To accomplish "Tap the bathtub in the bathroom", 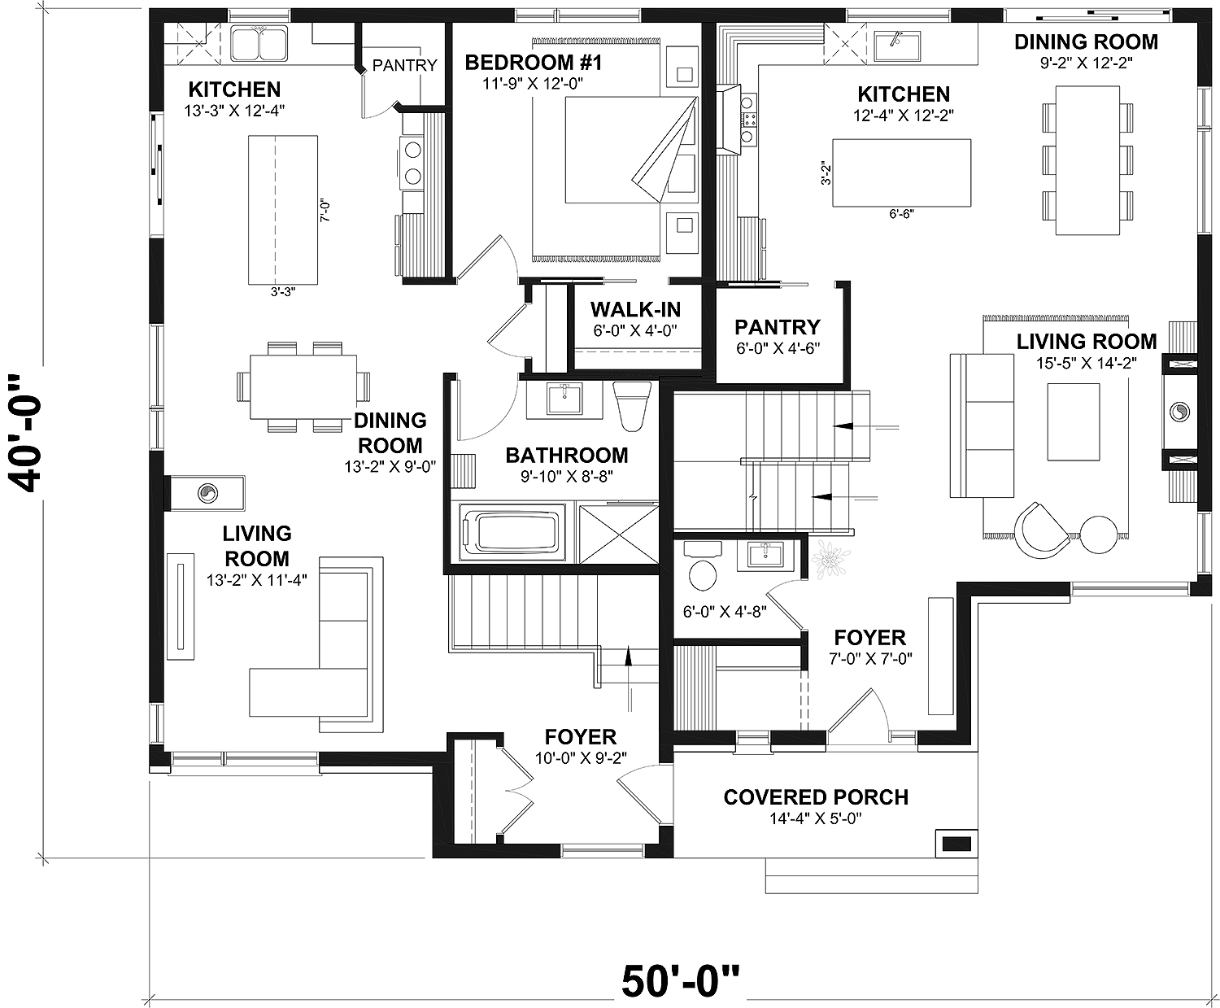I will coord(512,533).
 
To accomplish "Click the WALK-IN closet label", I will coord(635,310).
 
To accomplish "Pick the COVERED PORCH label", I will coord(816,797).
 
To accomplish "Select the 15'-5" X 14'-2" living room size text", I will coord(1087,362).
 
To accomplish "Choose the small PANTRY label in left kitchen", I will coord(404,65).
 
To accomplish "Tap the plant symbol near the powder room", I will coord(830,560).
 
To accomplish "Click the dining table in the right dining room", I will coord(1087,159).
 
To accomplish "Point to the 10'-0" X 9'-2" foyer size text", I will coord(581,757).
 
